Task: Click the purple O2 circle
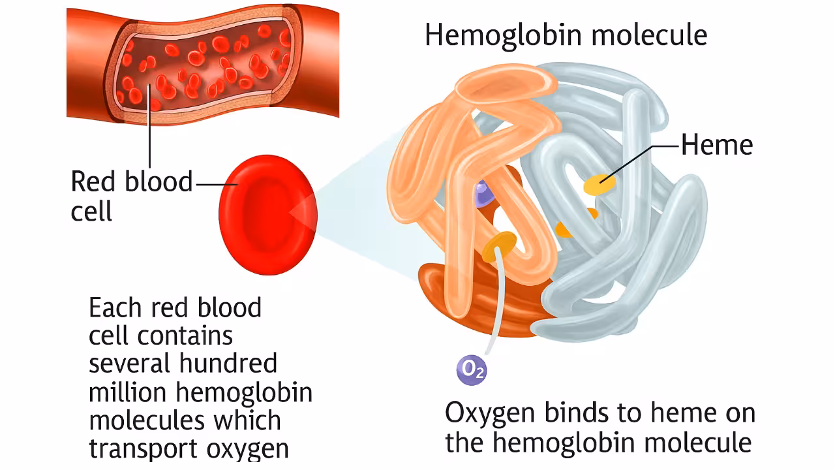coord(471,369)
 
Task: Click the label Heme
coord(716,145)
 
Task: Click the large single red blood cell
coord(267,215)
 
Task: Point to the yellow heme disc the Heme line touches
coord(600,185)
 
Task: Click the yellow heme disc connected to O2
coord(500,245)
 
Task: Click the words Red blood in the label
coord(131,181)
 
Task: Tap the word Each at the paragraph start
coord(113,307)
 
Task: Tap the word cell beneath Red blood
coord(91,211)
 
